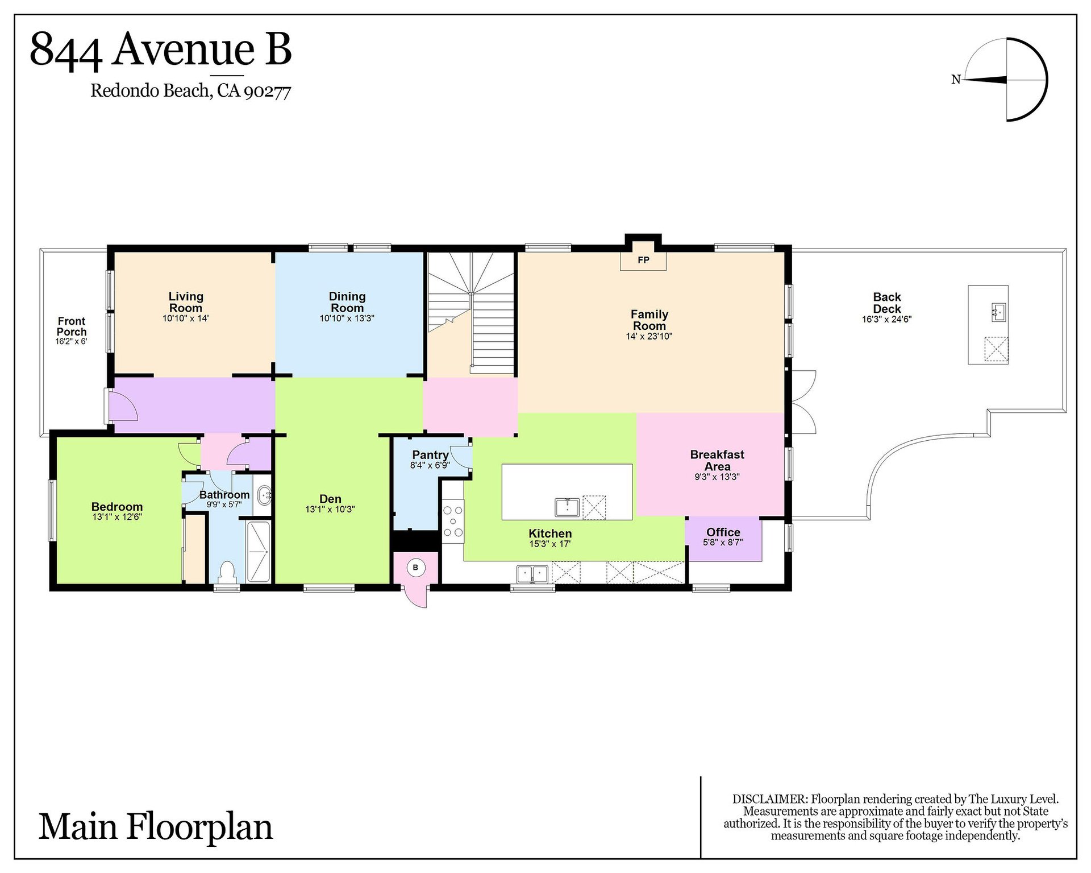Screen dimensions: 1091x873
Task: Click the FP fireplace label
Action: click(x=643, y=260)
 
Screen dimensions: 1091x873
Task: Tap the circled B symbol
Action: click(x=415, y=568)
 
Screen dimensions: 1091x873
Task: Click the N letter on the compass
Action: click(x=956, y=80)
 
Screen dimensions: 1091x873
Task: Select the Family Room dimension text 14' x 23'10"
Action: click(x=649, y=336)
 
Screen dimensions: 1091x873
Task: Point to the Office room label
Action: click(x=723, y=532)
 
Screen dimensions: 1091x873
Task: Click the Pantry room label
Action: click(x=430, y=455)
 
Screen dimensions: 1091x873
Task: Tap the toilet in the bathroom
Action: click(x=227, y=572)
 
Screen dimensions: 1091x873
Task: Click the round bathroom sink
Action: click(x=264, y=495)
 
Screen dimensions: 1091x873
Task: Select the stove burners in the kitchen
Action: click(x=453, y=520)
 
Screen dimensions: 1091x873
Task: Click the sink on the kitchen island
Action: click(x=567, y=507)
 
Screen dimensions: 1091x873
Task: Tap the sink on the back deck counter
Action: click(x=998, y=312)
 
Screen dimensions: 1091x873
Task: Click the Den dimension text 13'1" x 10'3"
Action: click(x=330, y=510)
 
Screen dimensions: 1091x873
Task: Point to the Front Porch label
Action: click(x=72, y=326)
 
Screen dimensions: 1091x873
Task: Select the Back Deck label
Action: click(x=887, y=303)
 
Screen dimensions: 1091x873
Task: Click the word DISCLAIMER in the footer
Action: click(x=770, y=799)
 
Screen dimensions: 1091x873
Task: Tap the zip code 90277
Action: click(x=268, y=92)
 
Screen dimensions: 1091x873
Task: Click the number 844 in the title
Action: click(x=66, y=50)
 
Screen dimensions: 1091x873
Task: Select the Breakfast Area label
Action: click(x=717, y=460)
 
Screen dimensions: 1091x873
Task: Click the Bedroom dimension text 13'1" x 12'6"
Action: click(x=117, y=517)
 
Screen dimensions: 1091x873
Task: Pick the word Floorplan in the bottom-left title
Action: click(x=199, y=828)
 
